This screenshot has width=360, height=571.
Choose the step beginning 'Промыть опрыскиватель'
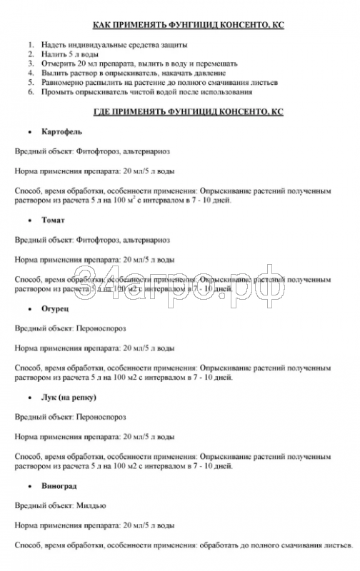pos(146,92)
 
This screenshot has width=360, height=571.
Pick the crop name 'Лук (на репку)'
pos(69,397)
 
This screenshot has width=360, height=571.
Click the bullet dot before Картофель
pos(29,132)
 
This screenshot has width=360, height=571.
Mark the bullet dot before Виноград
pos(29,486)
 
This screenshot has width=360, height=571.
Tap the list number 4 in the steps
pos(31,73)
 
